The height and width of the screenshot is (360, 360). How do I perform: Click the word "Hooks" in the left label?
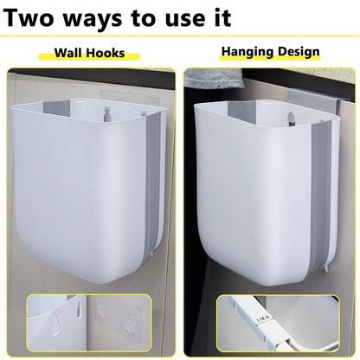[106, 54]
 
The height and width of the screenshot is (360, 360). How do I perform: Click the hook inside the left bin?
[105, 111]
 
